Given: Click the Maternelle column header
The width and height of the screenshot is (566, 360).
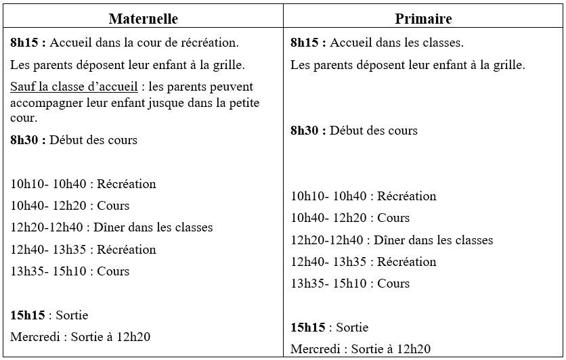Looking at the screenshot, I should pos(143,18).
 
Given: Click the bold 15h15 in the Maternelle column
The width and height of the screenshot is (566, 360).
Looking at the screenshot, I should pos(28,315).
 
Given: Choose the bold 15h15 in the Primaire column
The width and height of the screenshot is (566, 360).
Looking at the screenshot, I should pos(308,328).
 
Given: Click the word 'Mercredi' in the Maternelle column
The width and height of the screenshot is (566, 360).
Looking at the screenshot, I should pos(33,336).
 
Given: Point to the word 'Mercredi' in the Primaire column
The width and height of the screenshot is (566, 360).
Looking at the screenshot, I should pos(313,349).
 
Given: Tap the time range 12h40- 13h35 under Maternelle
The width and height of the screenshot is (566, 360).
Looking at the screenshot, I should pos(49,249).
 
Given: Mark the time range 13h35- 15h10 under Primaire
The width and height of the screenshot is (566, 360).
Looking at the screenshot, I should pos(329,284).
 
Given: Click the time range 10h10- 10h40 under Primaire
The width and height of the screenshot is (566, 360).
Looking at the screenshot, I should pos(329,196).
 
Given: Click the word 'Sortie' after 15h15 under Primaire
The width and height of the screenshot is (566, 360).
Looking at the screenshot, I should pos(352,328).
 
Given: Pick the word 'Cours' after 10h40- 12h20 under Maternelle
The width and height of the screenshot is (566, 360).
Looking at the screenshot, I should pos(113,206).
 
